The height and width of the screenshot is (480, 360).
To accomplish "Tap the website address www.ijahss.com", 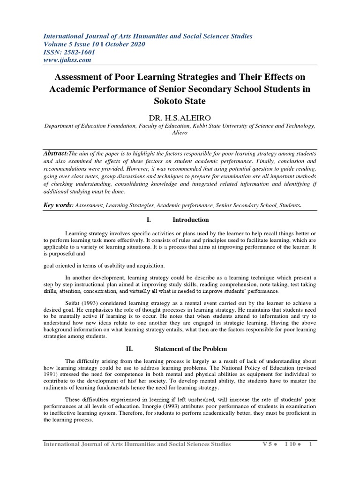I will pos(67,60).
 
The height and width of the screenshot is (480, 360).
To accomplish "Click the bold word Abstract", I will pos(55,154).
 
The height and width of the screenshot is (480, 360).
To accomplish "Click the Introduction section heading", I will pos(190,220).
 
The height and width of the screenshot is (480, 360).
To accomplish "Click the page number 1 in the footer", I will pos(310,444).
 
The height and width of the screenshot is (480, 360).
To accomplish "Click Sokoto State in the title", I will pos(180,100).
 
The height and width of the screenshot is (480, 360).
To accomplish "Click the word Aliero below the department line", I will pos(180,132).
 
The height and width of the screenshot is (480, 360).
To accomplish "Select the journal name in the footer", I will pos(137,444).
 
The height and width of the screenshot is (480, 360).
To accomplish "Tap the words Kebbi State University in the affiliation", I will pos(229,125).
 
